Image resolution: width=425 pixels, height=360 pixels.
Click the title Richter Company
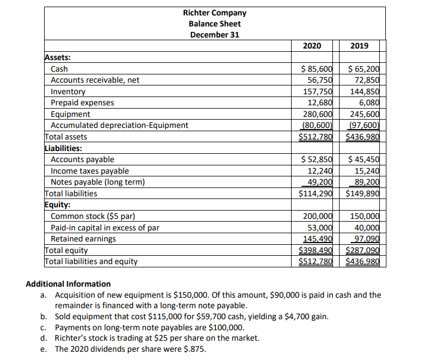(x=214, y=13)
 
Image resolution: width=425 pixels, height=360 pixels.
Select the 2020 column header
(x=313, y=46)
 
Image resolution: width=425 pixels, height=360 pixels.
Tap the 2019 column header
(x=359, y=46)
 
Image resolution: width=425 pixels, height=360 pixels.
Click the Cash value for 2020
(x=316, y=69)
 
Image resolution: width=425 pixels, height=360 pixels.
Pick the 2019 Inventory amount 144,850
(x=363, y=92)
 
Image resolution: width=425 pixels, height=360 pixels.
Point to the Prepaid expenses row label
(x=83, y=103)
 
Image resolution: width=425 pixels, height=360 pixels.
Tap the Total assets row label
(x=66, y=136)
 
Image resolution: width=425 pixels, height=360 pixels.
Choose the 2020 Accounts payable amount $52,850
(x=316, y=159)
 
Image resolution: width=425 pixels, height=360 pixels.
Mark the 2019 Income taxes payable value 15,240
(x=365, y=171)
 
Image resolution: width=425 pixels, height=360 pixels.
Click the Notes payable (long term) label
(x=98, y=182)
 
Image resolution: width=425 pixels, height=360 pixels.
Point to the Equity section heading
(x=57, y=205)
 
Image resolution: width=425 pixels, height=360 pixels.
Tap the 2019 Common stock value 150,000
(x=363, y=217)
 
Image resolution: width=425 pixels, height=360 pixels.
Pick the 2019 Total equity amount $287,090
(x=362, y=250)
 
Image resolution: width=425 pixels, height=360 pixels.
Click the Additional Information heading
(x=68, y=284)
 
